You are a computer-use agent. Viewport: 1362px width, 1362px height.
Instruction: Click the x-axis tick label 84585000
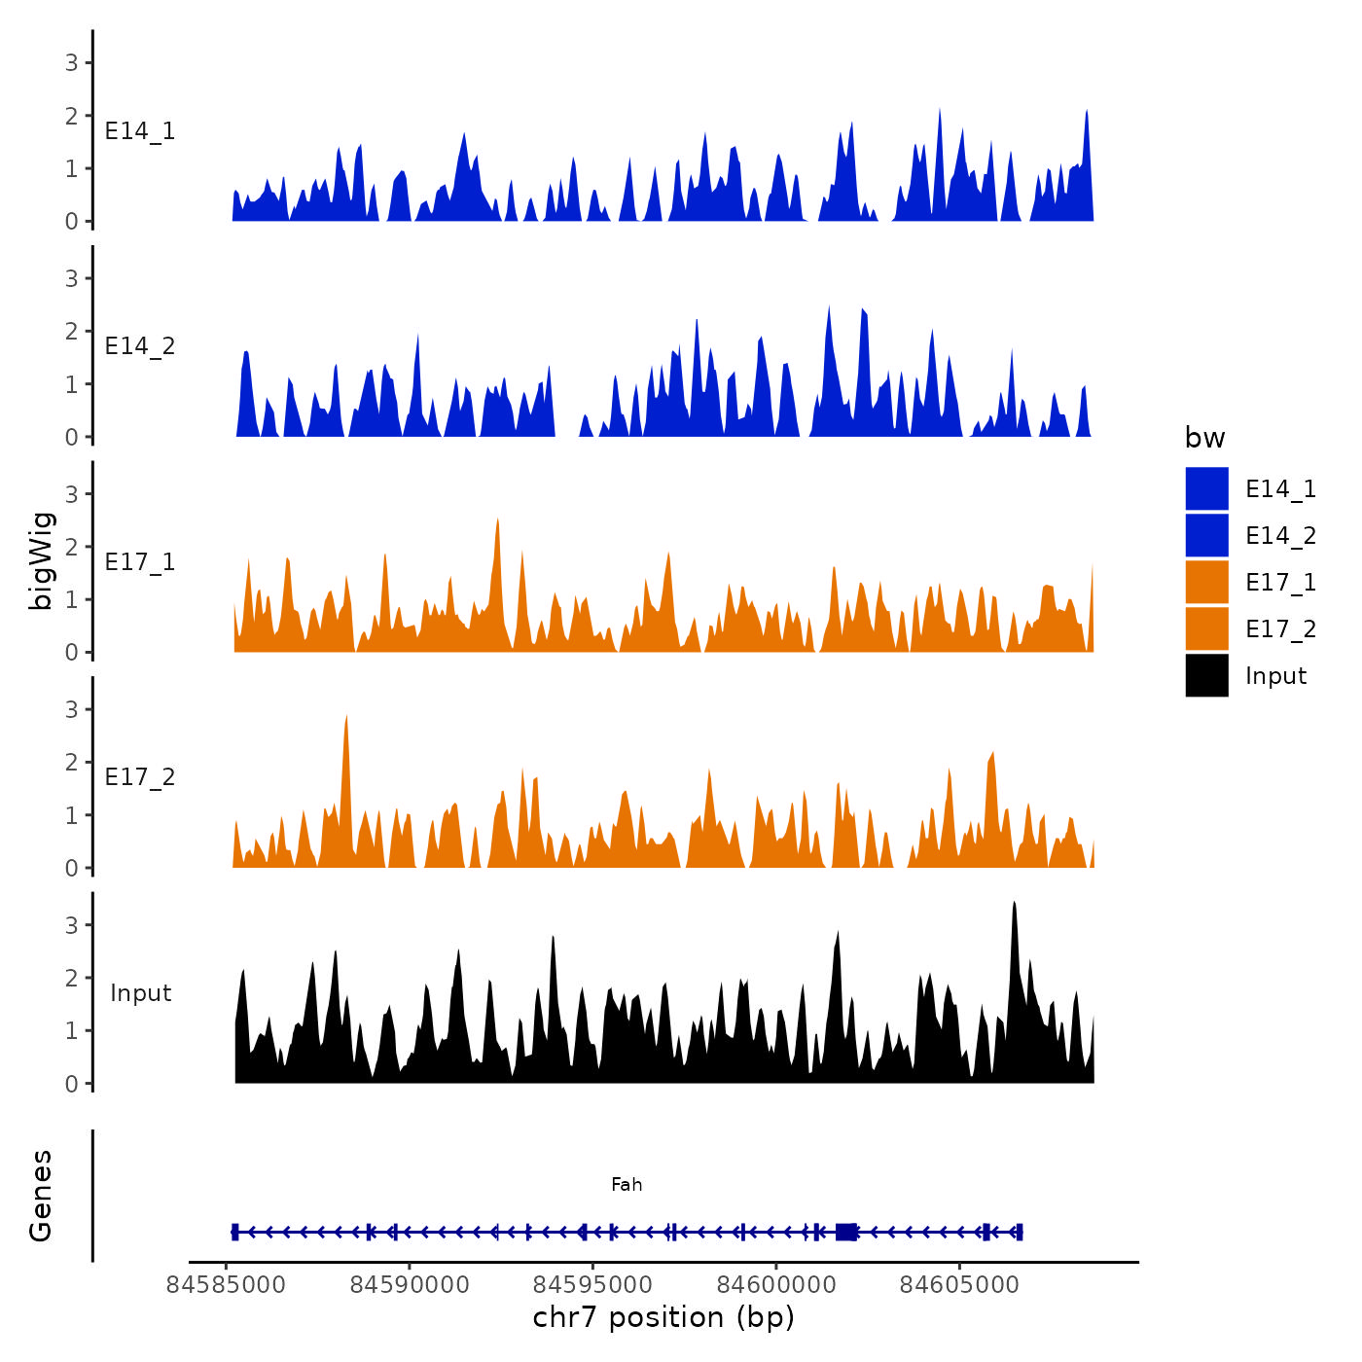pyautogui.click(x=226, y=1284)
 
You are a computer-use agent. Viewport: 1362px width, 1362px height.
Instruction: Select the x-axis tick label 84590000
pyautogui.click(x=410, y=1284)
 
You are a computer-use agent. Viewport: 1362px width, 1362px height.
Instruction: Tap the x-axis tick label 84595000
pyautogui.click(x=593, y=1284)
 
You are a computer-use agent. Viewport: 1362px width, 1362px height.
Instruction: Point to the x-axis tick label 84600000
pyautogui.click(x=776, y=1284)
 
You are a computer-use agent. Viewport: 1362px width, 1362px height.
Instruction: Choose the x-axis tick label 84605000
pyautogui.click(x=960, y=1284)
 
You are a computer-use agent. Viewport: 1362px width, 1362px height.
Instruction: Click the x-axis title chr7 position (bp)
pyautogui.click(x=663, y=1317)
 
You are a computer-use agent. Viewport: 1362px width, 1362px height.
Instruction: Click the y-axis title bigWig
pyautogui.click(x=41, y=560)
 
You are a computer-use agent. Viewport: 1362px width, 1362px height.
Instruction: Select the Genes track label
pyautogui.click(x=41, y=1196)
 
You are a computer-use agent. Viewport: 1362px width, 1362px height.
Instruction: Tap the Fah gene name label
pyautogui.click(x=627, y=1184)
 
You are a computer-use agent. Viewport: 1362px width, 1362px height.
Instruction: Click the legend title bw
pyautogui.click(x=1204, y=438)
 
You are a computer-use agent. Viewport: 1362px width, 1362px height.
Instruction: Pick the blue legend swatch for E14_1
pyautogui.click(x=1206, y=488)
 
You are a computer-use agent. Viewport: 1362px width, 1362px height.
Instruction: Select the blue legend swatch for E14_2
pyautogui.click(x=1206, y=535)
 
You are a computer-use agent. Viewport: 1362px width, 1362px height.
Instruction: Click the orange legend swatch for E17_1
pyautogui.click(x=1206, y=582)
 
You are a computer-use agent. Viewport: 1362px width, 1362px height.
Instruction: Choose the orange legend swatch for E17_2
pyautogui.click(x=1206, y=628)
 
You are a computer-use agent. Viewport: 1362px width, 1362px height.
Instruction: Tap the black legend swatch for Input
pyautogui.click(x=1206, y=675)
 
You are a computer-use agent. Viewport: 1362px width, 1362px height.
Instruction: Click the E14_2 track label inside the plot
pyautogui.click(x=140, y=346)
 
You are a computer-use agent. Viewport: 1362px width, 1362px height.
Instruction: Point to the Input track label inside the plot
pyautogui.click(x=140, y=992)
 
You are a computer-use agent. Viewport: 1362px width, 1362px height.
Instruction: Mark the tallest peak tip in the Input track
pyautogui.click(x=1014, y=903)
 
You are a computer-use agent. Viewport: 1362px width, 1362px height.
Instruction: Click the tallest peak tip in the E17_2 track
pyautogui.click(x=346, y=716)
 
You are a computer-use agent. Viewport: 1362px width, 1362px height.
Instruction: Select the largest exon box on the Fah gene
pyautogui.click(x=846, y=1232)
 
